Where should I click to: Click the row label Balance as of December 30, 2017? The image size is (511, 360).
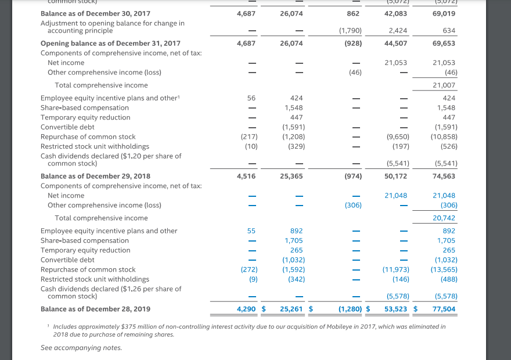(x=95, y=13)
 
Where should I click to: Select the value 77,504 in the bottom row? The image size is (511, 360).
(x=444, y=309)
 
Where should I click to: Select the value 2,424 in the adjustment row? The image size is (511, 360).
(x=398, y=30)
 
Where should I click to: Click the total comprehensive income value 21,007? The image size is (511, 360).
(x=444, y=85)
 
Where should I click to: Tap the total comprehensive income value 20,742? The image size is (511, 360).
(x=444, y=218)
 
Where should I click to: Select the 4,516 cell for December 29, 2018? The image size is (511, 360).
(x=247, y=176)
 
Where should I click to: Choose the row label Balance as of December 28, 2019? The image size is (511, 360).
(x=95, y=309)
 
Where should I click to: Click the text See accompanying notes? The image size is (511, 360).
(x=81, y=348)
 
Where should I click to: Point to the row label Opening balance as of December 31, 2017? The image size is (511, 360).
(x=110, y=43)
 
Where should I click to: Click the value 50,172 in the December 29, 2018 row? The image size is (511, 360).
(x=395, y=176)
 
